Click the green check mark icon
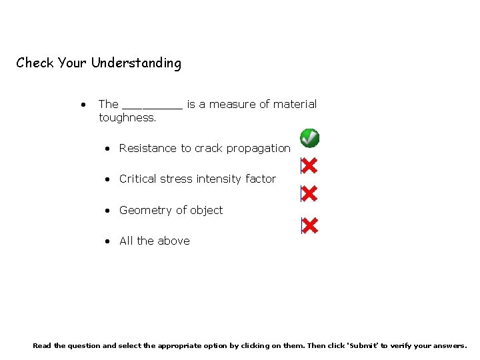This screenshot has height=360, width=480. (309, 138)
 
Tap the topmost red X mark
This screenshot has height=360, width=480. (309, 165)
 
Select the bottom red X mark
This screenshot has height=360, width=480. (309, 225)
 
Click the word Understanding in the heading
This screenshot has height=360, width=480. (136, 63)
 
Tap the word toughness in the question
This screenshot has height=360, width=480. (126, 118)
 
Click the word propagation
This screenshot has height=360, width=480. (258, 149)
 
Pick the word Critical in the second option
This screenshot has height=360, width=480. (139, 179)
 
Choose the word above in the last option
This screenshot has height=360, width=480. (174, 241)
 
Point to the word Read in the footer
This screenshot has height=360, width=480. (41, 345)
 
